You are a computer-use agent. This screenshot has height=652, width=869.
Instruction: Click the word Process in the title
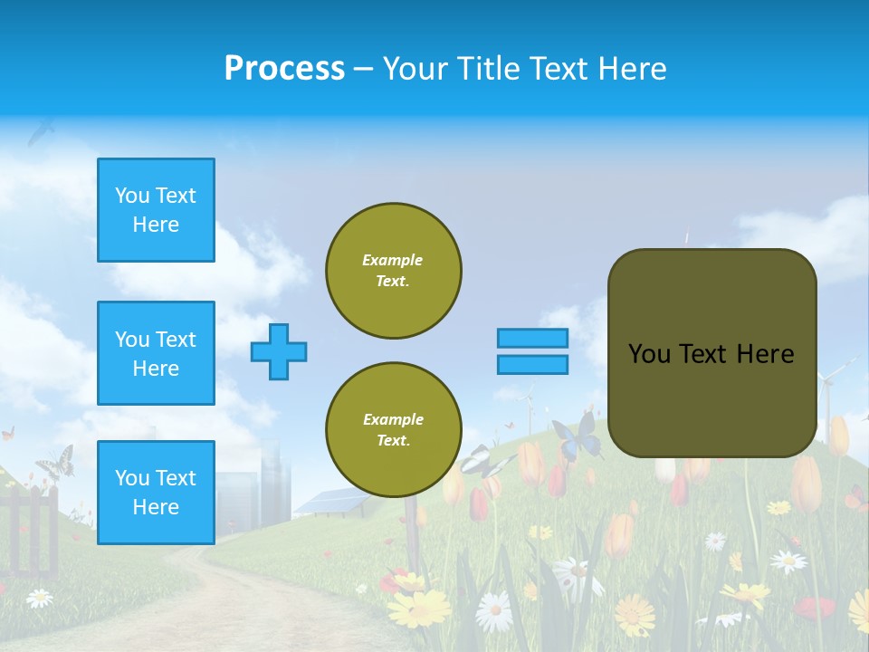pyautogui.click(x=284, y=69)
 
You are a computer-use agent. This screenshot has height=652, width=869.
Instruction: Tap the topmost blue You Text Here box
pyautogui.click(x=156, y=210)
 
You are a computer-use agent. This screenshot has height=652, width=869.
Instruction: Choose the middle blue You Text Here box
pyautogui.click(x=156, y=353)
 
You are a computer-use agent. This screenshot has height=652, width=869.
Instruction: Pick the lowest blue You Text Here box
pyautogui.click(x=156, y=493)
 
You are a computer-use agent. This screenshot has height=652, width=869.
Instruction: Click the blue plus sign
pyautogui.click(x=279, y=351)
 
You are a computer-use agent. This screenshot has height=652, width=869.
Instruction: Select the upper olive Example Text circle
pyautogui.click(x=393, y=271)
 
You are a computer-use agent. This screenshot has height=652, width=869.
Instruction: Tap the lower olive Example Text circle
pyautogui.click(x=393, y=430)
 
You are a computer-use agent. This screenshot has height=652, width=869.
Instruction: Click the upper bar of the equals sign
pyautogui.click(x=532, y=338)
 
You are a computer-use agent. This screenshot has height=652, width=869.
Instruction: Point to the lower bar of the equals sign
pyautogui.click(x=532, y=364)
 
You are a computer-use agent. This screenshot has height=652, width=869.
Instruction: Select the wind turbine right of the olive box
pyautogui.click(x=828, y=389)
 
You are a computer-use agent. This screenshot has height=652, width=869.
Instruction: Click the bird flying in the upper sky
pyautogui.click(x=41, y=132)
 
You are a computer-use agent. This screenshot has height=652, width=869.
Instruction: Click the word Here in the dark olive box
pyautogui.click(x=765, y=354)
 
